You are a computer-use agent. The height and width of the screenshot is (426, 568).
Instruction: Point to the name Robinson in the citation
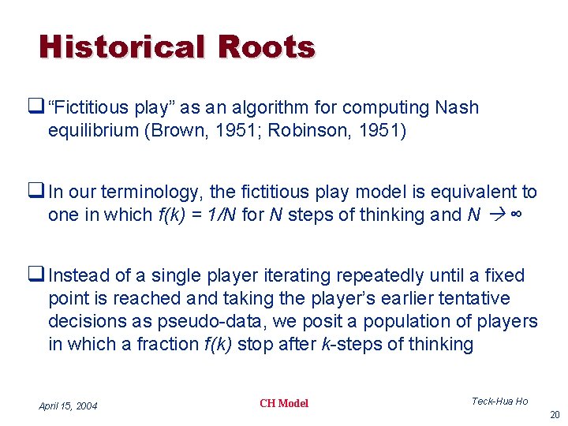[305, 130]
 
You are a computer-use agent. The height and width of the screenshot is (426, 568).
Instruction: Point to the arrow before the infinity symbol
[498, 215]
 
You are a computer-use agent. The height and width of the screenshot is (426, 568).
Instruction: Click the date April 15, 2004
[68, 405]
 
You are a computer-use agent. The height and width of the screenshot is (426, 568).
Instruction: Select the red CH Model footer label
[283, 404]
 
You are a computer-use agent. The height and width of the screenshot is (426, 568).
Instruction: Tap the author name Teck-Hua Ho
[500, 402]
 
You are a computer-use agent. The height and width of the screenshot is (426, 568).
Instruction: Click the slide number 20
[555, 415]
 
